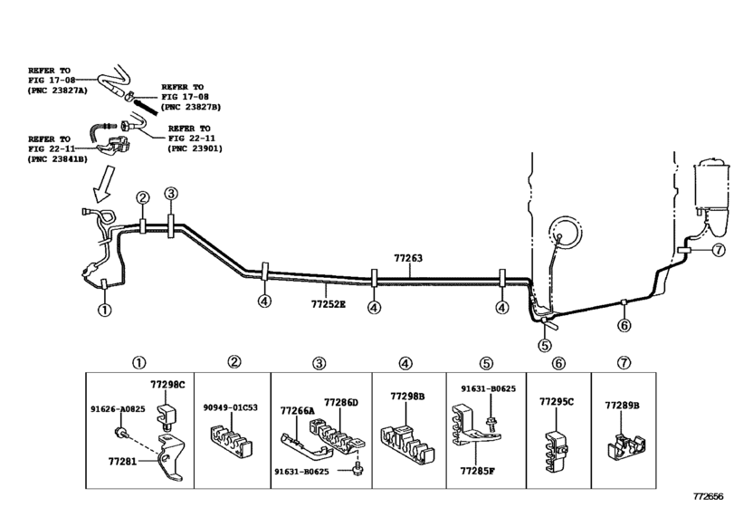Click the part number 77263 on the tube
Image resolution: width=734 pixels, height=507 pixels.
click(x=408, y=258)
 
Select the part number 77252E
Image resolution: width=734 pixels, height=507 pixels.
click(x=329, y=304)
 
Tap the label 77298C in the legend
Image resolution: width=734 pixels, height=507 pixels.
click(x=167, y=385)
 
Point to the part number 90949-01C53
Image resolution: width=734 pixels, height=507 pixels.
click(x=230, y=407)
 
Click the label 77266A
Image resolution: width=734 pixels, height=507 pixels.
click(x=298, y=411)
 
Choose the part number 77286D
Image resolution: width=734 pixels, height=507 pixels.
click(x=341, y=403)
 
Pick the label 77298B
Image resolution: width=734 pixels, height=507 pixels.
click(x=407, y=397)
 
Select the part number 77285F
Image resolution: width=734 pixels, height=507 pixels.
click(x=478, y=471)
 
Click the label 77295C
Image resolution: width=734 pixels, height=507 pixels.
click(x=557, y=402)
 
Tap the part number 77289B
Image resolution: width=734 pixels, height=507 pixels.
click(x=622, y=406)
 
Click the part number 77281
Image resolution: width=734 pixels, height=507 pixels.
click(x=123, y=462)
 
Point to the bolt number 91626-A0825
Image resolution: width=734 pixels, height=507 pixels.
click(x=118, y=409)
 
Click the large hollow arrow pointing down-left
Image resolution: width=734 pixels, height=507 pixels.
click(x=104, y=184)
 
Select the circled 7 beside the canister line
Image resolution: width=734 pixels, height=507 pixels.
click(x=718, y=250)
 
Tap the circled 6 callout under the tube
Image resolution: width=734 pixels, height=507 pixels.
click(x=624, y=325)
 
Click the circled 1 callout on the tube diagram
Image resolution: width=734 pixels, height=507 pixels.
click(x=104, y=310)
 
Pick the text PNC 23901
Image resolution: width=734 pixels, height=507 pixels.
click(x=195, y=148)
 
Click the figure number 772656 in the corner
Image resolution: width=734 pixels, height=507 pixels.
click(x=709, y=496)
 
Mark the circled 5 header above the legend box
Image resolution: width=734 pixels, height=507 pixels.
click(x=486, y=363)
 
